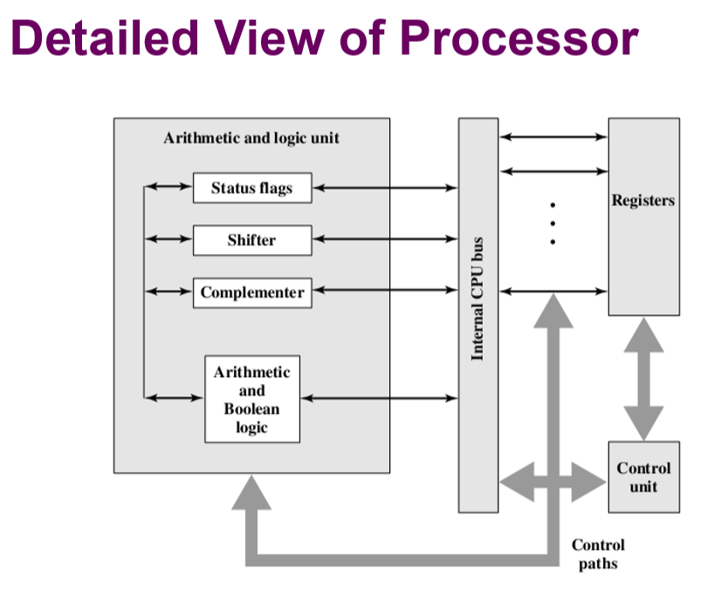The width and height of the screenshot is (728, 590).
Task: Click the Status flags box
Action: pyautogui.click(x=251, y=188)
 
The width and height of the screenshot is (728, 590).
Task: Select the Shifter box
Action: pyautogui.click(x=251, y=240)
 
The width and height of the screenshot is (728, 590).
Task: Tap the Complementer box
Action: pyautogui.click(x=251, y=292)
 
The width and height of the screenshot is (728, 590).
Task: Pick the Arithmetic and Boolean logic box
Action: pyautogui.click(x=251, y=399)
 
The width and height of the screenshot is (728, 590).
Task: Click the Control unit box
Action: pyautogui.click(x=643, y=477)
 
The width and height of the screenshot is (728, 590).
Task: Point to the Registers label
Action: pyautogui.click(x=643, y=201)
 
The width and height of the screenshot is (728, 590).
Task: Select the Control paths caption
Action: pyautogui.click(x=598, y=554)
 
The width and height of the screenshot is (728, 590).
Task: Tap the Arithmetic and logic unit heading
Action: pyautogui.click(x=251, y=138)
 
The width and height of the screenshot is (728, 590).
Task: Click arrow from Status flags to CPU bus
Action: pyautogui.click(x=385, y=188)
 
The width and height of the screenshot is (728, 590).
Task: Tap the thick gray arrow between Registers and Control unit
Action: pyautogui.click(x=643, y=378)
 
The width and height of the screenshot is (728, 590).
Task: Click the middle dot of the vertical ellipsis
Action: pyautogui.click(x=553, y=223)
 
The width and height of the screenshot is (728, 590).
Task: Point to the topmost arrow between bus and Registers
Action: pyautogui.click(x=553, y=137)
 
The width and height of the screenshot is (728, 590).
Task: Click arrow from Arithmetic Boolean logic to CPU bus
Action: pyautogui.click(x=379, y=399)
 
